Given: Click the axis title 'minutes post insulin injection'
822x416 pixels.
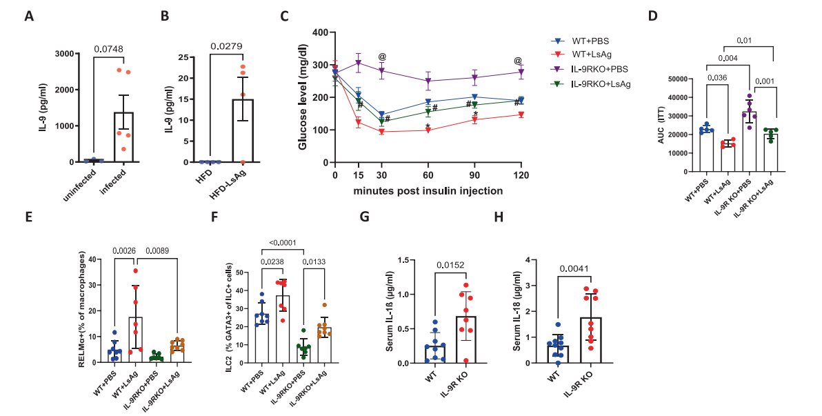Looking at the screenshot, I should point(427,190).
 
